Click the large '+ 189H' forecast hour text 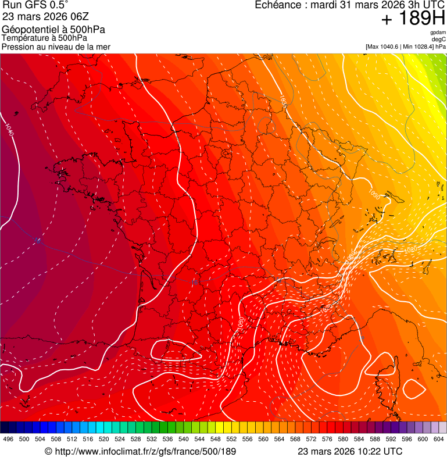pyautogui.click(x=413, y=19)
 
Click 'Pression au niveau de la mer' pyautogui.click(x=56, y=47)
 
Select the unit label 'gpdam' pyautogui.click(x=438, y=33)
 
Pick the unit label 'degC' pyautogui.click(x=439, y=40)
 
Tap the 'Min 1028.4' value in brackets pyautogui.click(x=420, y=47)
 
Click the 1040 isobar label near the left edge pyautogui.click(x=9, y=130)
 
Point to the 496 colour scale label pyautogui.click(x=8, y=440)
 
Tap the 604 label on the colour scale pyautogui.click(x=439, y=440)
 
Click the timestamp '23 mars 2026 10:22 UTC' pyautogui.click(x=349, y=451)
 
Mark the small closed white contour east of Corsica pyautogui.click(x=414, y=388)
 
